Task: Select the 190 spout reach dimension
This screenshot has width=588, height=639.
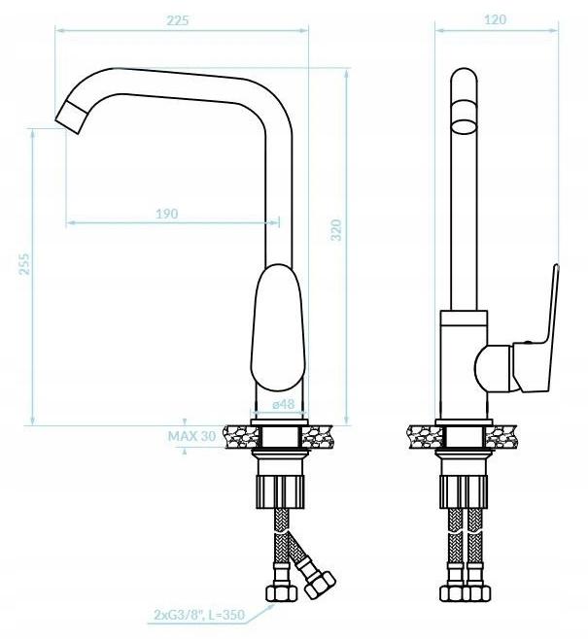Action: [166, 214]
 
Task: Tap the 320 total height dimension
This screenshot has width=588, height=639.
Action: [336, 230]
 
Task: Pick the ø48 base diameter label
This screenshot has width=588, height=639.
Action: [283, 404]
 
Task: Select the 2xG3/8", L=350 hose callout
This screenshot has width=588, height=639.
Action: [198, 615]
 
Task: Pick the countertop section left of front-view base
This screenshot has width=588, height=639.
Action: [237, 437]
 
